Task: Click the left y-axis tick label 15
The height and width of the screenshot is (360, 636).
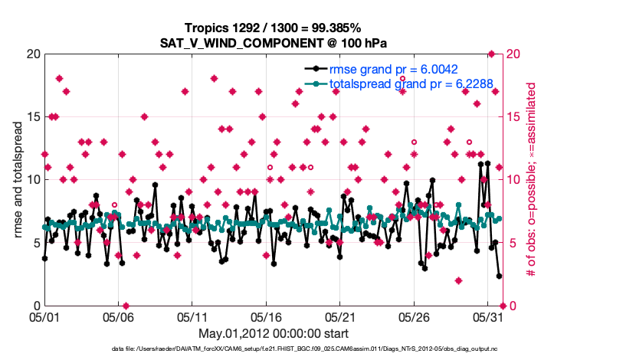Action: (33, 116)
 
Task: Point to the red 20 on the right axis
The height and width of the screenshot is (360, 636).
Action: (513, 54)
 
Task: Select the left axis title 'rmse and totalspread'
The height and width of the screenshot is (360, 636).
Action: (18, 180)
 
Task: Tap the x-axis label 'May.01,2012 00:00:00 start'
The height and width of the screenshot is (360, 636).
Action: (274, 333)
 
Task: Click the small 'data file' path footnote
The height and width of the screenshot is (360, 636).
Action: (316, 349)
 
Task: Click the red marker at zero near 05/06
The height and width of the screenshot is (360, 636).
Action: (126, 306)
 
